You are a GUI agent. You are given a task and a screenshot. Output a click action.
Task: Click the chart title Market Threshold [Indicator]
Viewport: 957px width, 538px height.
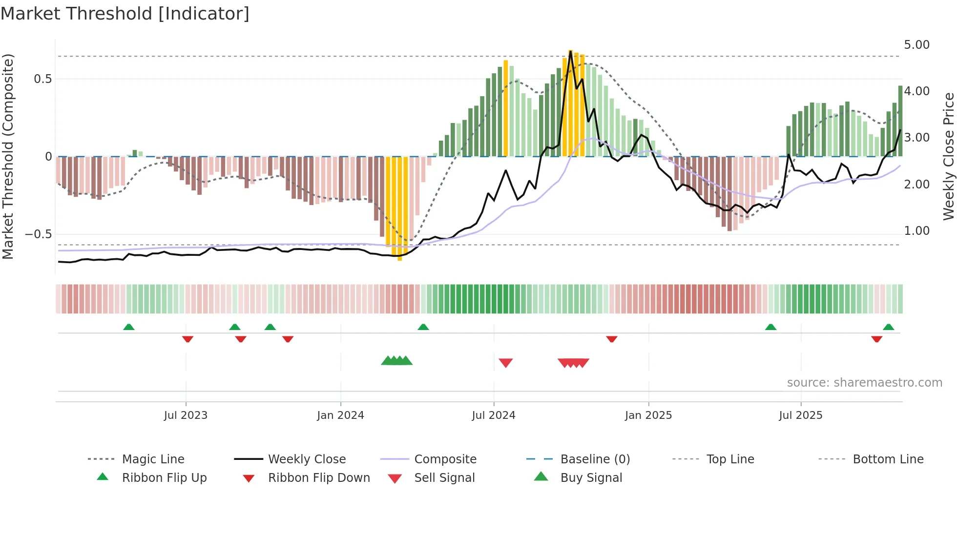pos(125,14)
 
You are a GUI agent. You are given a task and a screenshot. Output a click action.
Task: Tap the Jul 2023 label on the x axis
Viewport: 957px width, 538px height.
pos(186,415)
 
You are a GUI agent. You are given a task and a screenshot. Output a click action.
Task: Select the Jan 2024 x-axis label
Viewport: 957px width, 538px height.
pos(340,415)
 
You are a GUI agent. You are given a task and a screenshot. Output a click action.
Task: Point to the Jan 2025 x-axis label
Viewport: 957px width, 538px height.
pos(648,415)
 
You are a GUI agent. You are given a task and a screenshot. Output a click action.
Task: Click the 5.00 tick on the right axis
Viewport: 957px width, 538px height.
pos(916,45)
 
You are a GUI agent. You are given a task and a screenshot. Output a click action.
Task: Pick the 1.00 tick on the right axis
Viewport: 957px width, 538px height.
pos(916,231)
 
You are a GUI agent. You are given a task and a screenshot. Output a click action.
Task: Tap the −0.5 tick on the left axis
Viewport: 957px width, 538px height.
pos(38,234)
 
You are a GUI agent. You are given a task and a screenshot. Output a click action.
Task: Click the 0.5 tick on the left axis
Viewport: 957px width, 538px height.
pos(42,79)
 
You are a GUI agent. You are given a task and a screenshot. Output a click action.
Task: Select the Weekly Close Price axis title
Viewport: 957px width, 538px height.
pos(948,156)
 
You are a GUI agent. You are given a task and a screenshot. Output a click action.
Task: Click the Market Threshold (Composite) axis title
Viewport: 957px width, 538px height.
pos(8,156)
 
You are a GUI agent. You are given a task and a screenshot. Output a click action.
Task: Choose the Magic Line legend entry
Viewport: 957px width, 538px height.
pos(153,459)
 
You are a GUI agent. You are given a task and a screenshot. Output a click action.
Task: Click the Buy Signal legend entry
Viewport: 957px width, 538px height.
pos(591,478)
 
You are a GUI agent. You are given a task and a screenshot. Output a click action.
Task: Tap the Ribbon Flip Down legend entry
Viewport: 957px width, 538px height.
pos(318,478)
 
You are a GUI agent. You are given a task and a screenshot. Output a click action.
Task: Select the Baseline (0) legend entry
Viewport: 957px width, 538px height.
pos(595,459)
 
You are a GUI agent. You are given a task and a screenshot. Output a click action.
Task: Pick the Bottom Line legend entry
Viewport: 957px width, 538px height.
pos(888,459)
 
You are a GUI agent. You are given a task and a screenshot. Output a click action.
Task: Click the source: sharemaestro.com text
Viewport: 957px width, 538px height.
pos(864,383)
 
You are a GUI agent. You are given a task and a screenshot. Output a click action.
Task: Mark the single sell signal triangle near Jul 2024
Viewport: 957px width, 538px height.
pos(506,363)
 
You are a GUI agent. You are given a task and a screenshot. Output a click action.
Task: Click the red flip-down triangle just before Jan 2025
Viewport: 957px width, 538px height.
pos(612,339)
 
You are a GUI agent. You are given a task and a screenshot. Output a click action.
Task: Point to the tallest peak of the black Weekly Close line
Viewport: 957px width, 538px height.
pos(570,51)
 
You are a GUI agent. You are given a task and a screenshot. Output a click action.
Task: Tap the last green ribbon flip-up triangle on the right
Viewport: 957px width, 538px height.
pos(889,327)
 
